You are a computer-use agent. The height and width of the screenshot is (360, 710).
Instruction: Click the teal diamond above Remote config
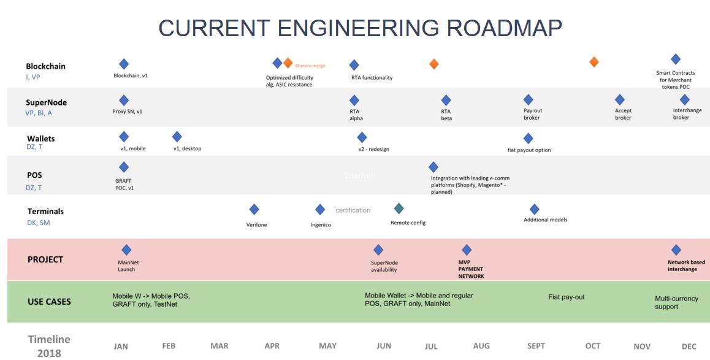point(399,209)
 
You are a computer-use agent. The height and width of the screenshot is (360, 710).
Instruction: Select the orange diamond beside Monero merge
point(288,63)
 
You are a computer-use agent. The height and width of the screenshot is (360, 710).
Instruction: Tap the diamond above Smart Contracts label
point(676,59)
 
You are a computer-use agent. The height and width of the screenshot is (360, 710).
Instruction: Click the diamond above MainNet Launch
point(126,250)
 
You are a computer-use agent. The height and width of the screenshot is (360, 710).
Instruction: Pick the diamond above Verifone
point(254,210)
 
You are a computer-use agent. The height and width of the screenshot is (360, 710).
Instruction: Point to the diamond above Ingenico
point(319,210)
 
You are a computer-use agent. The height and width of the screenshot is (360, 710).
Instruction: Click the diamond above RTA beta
point(446,100)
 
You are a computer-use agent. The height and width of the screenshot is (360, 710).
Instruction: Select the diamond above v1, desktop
point(177,136)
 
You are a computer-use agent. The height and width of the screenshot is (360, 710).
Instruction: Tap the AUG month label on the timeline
point(481,346)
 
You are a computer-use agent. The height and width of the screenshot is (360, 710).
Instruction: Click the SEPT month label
point(535,346)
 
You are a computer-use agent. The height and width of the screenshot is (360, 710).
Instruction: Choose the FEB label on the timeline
point(169,346)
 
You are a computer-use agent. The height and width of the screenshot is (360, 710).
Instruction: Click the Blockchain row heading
point(45,66)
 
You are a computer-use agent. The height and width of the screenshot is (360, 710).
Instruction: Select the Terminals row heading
point(45,211)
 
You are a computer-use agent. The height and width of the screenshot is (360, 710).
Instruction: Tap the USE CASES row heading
point(49,302)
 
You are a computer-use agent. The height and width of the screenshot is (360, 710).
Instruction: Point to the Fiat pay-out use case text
point(567,297)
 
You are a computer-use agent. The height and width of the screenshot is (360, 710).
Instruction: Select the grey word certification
point(353,210)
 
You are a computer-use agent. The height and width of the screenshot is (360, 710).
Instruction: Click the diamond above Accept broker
point(620,99)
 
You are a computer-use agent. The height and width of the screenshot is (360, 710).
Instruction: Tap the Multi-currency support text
point(676,302)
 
